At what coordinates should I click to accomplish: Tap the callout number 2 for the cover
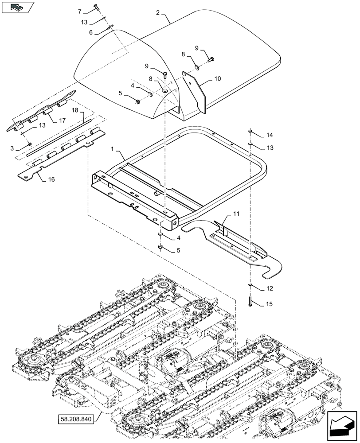tap(157, 12)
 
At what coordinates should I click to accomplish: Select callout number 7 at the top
tap(80, 11)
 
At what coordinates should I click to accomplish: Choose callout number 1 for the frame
tap(113, 152)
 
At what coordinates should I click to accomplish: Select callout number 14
tap(270, 135)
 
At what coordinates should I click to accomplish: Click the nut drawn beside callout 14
tap(250, 131)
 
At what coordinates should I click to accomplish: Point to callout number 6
tap(90, 32)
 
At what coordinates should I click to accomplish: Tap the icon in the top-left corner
tap(18, 7)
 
